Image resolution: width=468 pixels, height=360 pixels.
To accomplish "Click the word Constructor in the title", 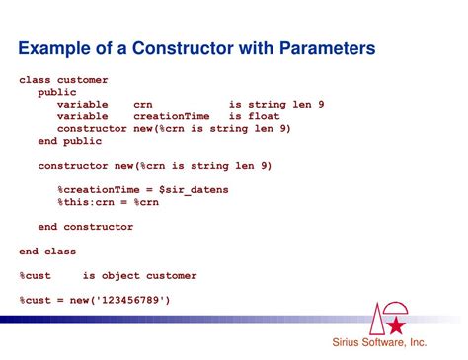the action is point(184,48).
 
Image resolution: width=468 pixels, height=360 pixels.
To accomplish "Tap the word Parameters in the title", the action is point(327,48).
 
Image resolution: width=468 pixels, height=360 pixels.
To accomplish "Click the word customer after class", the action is point(83,80).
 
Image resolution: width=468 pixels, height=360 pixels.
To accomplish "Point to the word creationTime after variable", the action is point(172,116).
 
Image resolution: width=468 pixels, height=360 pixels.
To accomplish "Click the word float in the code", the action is point(264,116).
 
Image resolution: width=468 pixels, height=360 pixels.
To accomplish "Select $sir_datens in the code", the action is point(194,190).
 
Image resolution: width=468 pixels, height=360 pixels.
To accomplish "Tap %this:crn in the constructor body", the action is point(86,202).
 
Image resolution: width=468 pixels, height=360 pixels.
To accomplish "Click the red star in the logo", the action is point(396,325).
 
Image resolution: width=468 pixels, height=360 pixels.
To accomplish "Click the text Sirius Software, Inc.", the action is point(379,342).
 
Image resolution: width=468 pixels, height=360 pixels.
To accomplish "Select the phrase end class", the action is point(47,252).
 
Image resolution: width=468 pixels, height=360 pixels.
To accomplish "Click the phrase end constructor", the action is point(86,227).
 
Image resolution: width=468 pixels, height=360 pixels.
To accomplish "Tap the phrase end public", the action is point(70,141).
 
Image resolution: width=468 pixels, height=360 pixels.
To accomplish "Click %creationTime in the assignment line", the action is point(99,190).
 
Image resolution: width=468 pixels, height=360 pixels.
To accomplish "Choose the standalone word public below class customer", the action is point(57,93).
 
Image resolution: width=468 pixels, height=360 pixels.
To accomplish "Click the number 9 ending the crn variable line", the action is point(321,105).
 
